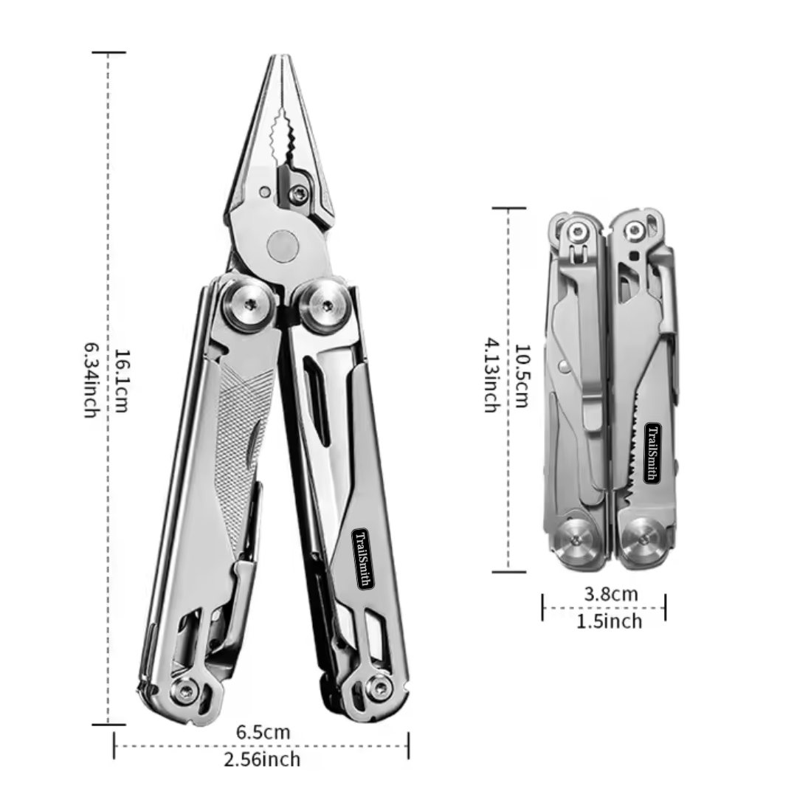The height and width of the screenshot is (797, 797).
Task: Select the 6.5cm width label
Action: [x=263, y=732]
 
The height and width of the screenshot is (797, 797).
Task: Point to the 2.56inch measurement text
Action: [x=263, y=759]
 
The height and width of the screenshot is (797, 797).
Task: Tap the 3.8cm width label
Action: [x=610, y=593]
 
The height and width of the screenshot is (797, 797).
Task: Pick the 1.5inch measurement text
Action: [x=609, y=621]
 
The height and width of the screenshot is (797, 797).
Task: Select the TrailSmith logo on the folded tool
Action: [x=652, y=452]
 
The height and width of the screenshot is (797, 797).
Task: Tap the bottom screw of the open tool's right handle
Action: [x=378, y=689]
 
